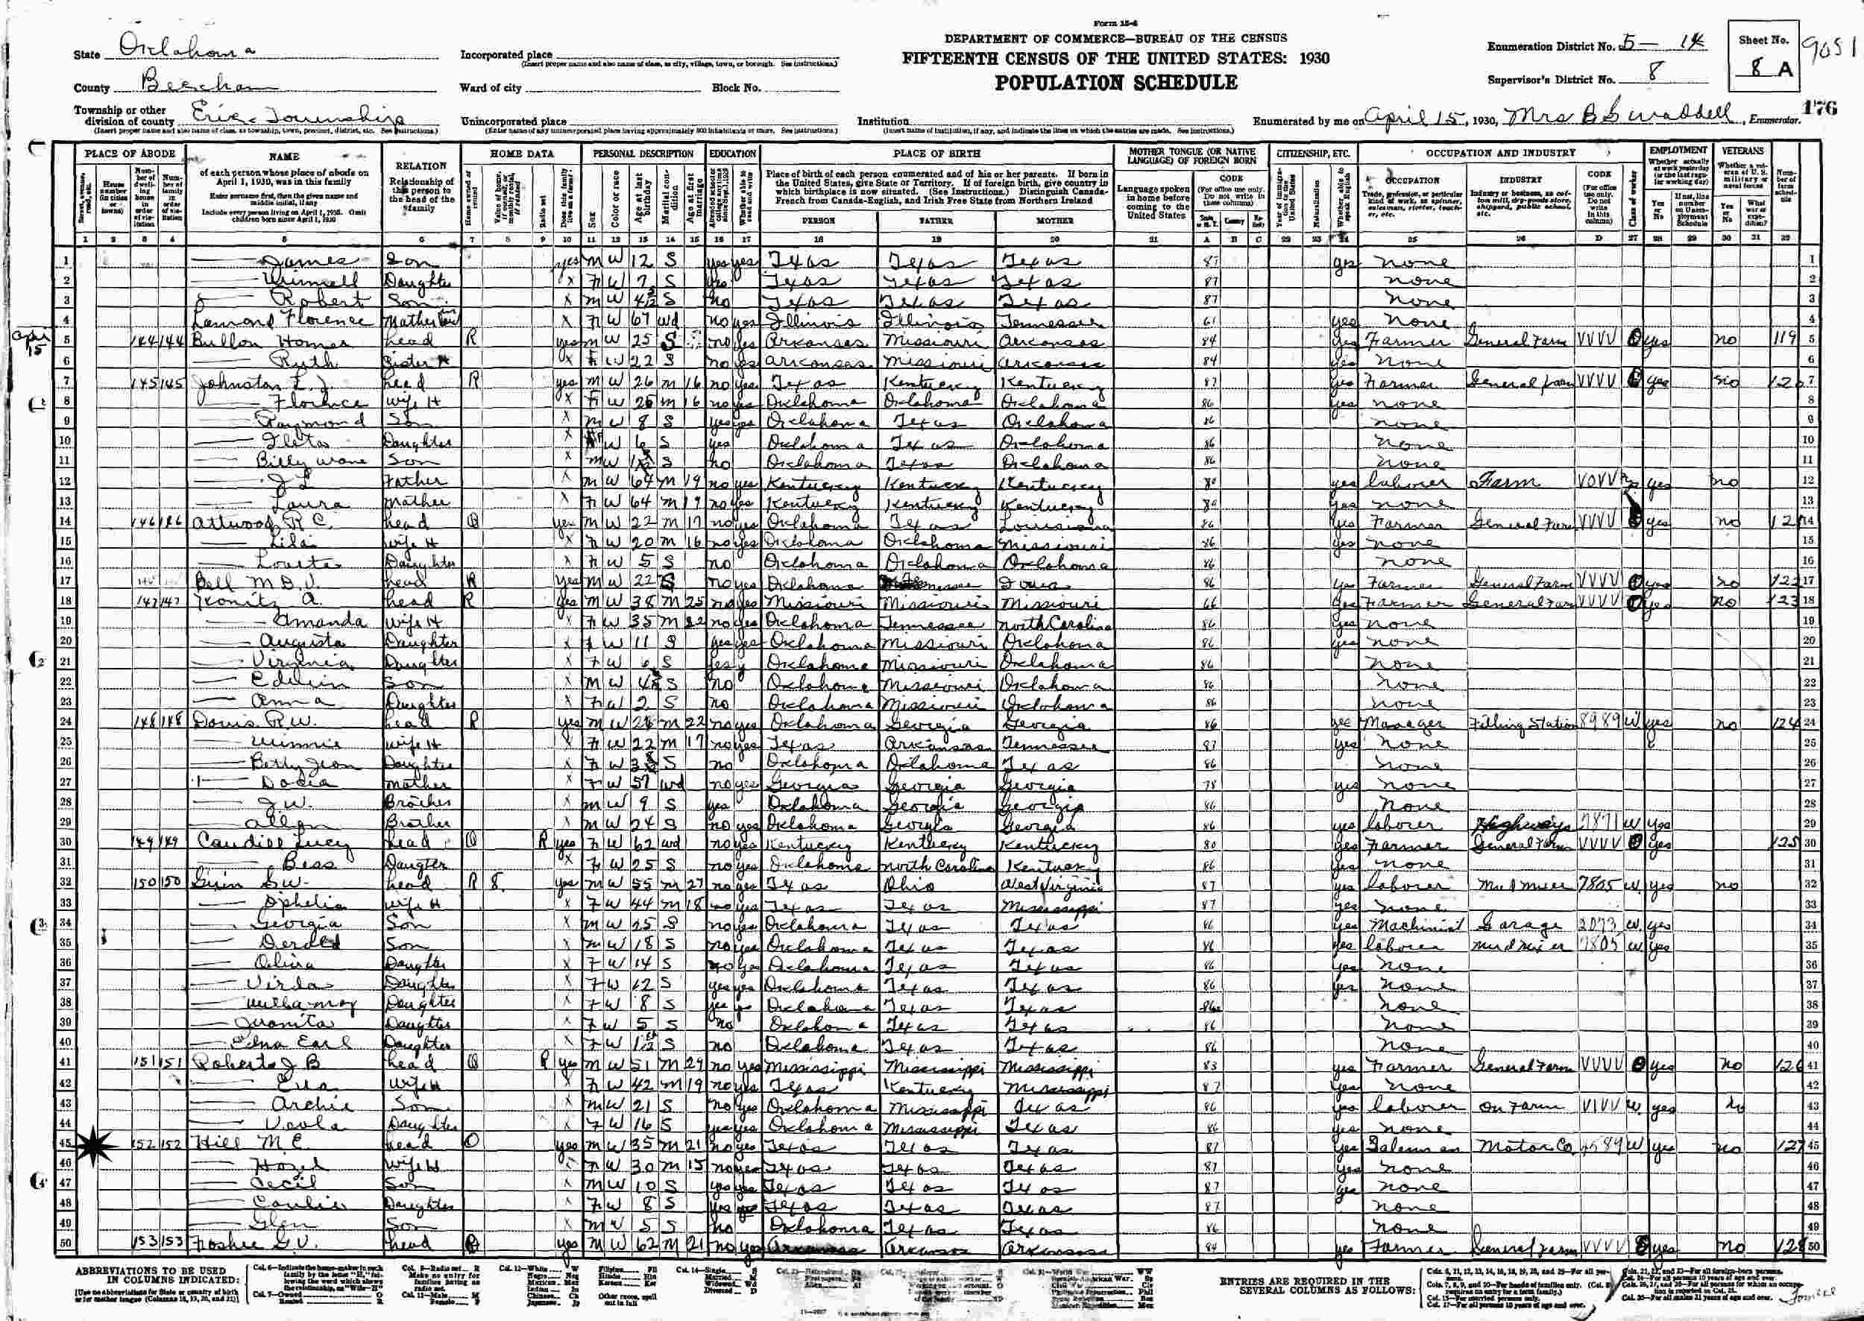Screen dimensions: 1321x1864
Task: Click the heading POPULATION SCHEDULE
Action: point(1114,83)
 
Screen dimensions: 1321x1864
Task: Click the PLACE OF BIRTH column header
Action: point(936,153)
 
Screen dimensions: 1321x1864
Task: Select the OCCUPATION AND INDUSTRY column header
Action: point(1499,153)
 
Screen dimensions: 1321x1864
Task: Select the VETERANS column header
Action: point(1742,151)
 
